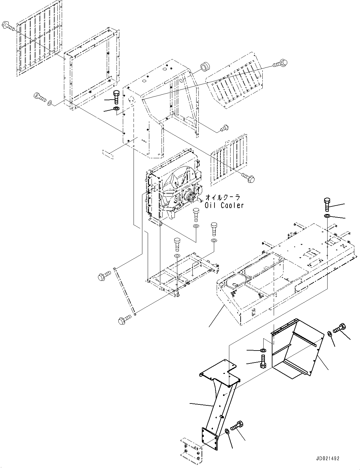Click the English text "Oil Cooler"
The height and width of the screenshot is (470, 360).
pos(224,205)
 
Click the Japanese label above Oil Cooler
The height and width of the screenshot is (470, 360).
pos(223,197)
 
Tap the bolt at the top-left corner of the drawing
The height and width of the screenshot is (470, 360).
pos(8,26)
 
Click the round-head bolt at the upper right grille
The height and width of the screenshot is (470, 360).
pos(281,63)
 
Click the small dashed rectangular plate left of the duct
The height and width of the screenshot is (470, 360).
pos(108,154)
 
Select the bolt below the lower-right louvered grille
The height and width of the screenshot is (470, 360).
pos(248,177)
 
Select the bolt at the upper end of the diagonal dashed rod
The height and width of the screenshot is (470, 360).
pos(104,276)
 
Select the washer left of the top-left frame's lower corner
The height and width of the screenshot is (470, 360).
pos(49,103)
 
